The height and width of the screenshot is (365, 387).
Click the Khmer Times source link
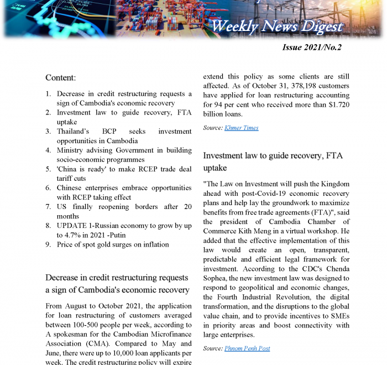tap(241, 128)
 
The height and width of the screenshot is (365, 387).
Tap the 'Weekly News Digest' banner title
tap(277, 26)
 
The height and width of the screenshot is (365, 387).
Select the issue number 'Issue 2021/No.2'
tap(312, 48)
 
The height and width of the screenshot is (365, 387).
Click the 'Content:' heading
tap(61, 78)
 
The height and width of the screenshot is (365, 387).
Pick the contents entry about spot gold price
tap(113, 244)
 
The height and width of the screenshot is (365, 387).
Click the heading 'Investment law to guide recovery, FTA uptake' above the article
tap(273, 161)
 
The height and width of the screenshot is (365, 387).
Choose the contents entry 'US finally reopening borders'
tap(118, 207)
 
